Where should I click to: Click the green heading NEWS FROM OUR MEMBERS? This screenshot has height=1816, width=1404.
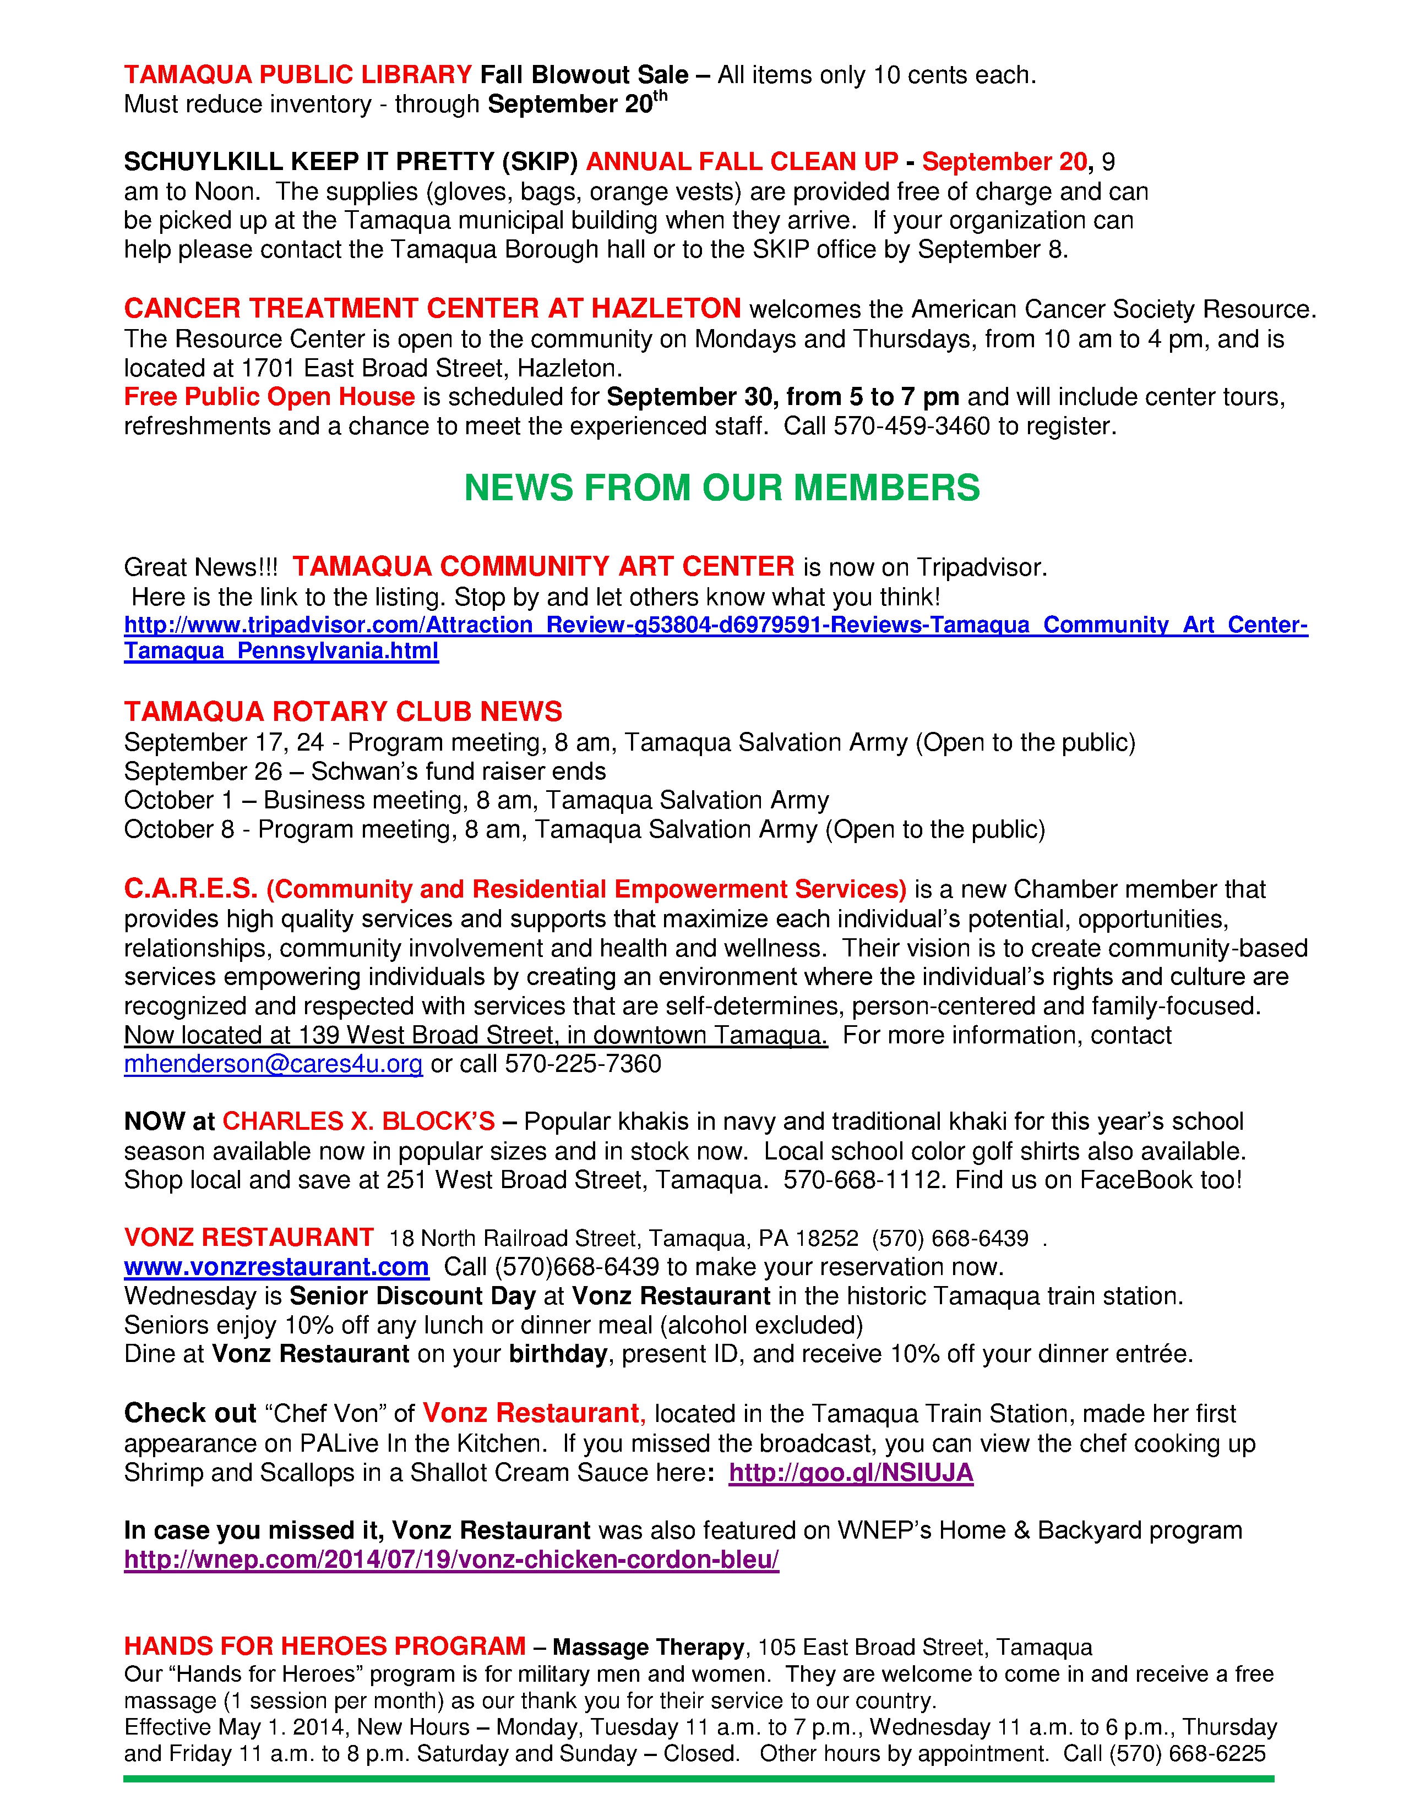[x=721, y=488]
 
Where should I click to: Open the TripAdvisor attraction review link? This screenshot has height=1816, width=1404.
[x=715, y=625]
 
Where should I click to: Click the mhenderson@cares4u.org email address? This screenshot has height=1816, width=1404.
[x=273, y=1064]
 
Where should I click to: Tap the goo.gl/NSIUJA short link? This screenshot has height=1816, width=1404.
[x=850, y=1473]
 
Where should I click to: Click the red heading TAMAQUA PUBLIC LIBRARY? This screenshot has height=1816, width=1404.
[x=298, y=75]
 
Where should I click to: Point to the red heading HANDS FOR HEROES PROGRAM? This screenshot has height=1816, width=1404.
[x=324, y=1647]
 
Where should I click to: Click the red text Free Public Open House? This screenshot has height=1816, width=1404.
[x=269, y=397]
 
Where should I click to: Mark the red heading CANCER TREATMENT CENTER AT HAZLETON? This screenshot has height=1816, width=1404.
[x=432, y=309]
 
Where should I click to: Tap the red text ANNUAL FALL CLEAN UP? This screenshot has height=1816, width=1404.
[x=742, y=162]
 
